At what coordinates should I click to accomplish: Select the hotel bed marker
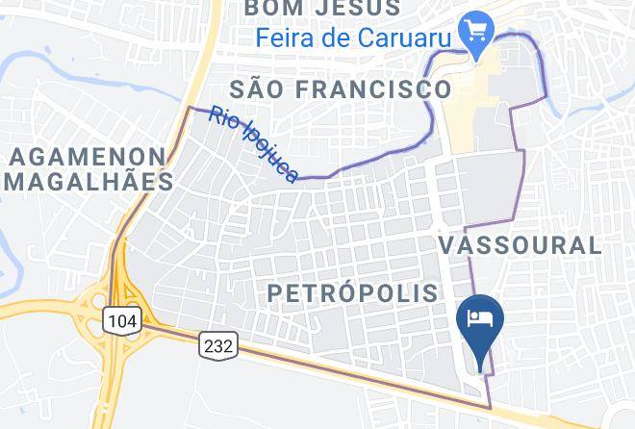pyautogui.click(x=479, y=319)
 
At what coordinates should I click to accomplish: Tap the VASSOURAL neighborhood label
pyautogui.click(x=521, y=244)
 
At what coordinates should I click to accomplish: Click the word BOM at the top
pyautogui.click(x=268, y=8)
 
